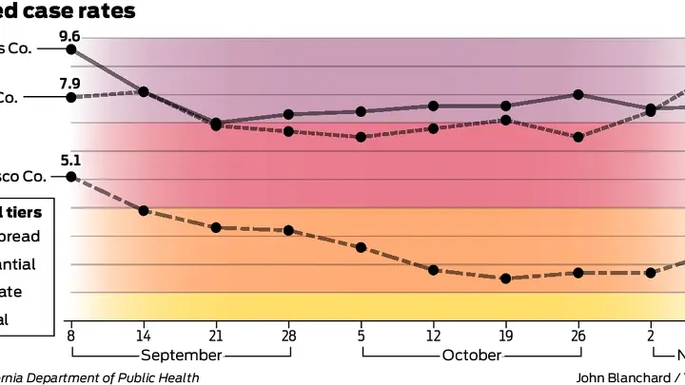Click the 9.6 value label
point(69,36)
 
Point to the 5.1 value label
point(69,162)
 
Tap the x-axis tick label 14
point(143,335)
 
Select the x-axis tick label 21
point(216,335)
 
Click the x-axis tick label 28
point(288,335)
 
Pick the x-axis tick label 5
point(361,335)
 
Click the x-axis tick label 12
point(433,335)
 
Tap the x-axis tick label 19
point(505,335)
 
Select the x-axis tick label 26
point(577,335)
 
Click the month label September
point(181,356)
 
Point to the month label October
point(471,356)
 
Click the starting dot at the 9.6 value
point(70,48)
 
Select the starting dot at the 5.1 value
point(70,177)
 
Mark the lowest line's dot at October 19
point(505,279)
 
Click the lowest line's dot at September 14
point(143,210)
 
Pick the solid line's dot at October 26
point(577,94)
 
